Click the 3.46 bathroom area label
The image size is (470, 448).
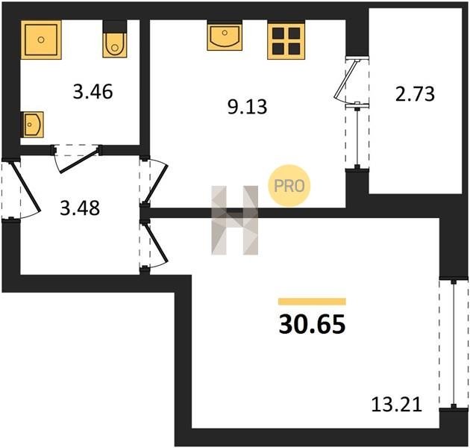tap(93, 92)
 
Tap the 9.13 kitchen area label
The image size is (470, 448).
tap(247, 107)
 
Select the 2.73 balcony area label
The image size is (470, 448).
tap(415, 93)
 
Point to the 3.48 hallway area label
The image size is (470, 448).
tap(80, 208)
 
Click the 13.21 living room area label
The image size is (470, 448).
tap(397, 404)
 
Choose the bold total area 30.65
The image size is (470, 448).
tap(312, 324)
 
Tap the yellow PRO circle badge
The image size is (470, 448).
tap(289, 186)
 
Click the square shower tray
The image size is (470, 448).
tap(41, 40)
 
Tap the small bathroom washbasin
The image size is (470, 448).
tap(32, 125)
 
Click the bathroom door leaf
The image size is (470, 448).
tap(79, 161)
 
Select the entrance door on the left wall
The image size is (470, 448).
tap(25, 187)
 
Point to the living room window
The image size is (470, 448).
tap(454, 344)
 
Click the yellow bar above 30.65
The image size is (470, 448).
tap(312, 301)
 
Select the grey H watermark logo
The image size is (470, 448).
tap(235, 220)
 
